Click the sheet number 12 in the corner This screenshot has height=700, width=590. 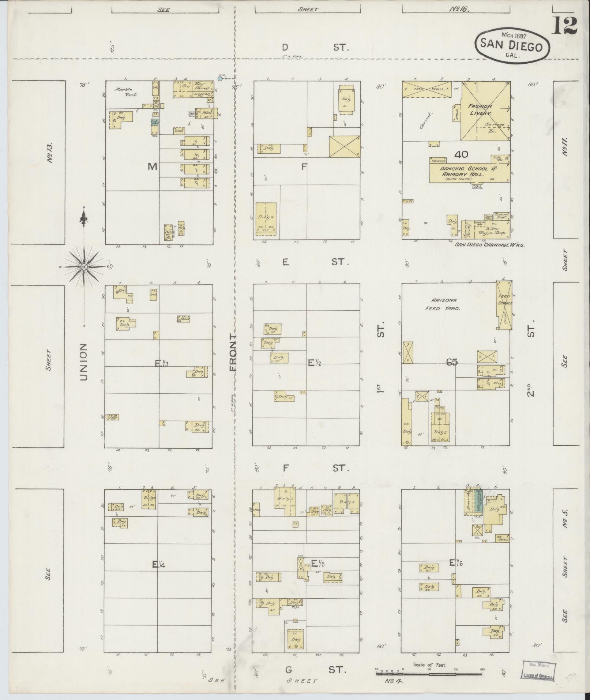coord(565,26)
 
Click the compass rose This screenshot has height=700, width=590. coord(84,267)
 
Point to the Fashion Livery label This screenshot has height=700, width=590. coord(480,109)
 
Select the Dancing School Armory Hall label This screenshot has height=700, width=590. coord(464,172)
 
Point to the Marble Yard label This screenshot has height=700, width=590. coord(125,91)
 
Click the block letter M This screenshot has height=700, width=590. coord(152,167)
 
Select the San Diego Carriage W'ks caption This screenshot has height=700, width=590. coord(489,245)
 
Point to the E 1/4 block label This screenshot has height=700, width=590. coord(159,575)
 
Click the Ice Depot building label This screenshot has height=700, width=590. coord(503,538)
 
